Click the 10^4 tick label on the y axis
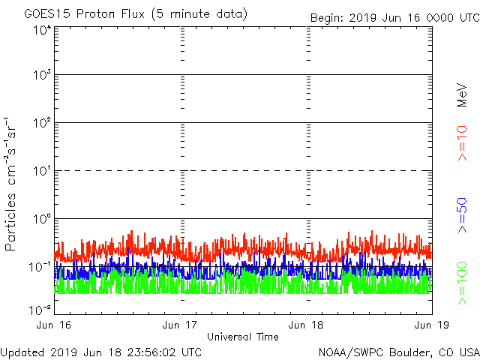coord(42,30)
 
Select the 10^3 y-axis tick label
coord(42,75)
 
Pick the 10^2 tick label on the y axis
coord(42,122)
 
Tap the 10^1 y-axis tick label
coord(42,170)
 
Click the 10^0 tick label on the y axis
coord(42,218)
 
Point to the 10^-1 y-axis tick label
coord(40,266)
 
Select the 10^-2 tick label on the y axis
coord(40,310)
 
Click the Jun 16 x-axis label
coord(54,325)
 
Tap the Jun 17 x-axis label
coord(181,325)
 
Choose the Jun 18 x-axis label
coord(307,325)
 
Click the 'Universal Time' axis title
coord(242,337)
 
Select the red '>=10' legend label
coord(463,142)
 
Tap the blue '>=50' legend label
coord(463,215)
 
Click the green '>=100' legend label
coord(463,283)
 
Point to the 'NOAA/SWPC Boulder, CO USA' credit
coord(398,352)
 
